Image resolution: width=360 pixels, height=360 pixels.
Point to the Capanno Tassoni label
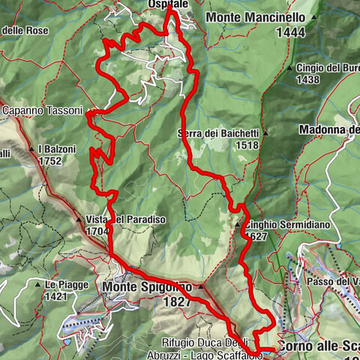pos(42,110)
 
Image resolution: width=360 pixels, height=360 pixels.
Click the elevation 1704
pos(97,232)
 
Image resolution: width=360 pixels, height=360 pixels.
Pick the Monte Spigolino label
pos(147,286)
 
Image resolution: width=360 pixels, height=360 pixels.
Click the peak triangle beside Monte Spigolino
pos(200,286)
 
